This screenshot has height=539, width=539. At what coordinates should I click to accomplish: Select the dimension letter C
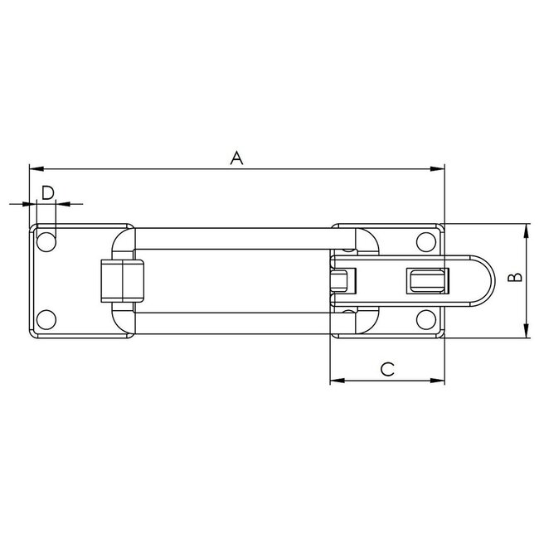[x=386, y=369]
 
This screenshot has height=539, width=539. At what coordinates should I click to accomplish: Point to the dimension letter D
[x=48, y=192]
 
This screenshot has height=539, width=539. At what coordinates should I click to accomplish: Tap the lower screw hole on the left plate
[x=47, y=319]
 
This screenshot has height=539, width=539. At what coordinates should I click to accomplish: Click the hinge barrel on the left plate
[x=122, y=281]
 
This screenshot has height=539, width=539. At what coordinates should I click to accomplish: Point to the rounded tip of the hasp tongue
[x=489, y=281]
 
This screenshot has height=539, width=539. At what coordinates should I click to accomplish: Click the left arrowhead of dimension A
[x=33, y=169]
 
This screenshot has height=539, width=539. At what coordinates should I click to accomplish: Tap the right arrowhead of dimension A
[x=439, y=169]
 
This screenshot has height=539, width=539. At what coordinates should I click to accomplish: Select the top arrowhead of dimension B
[x=525, y=229]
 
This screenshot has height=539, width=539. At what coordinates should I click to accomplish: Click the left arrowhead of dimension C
[x=335, y=381]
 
